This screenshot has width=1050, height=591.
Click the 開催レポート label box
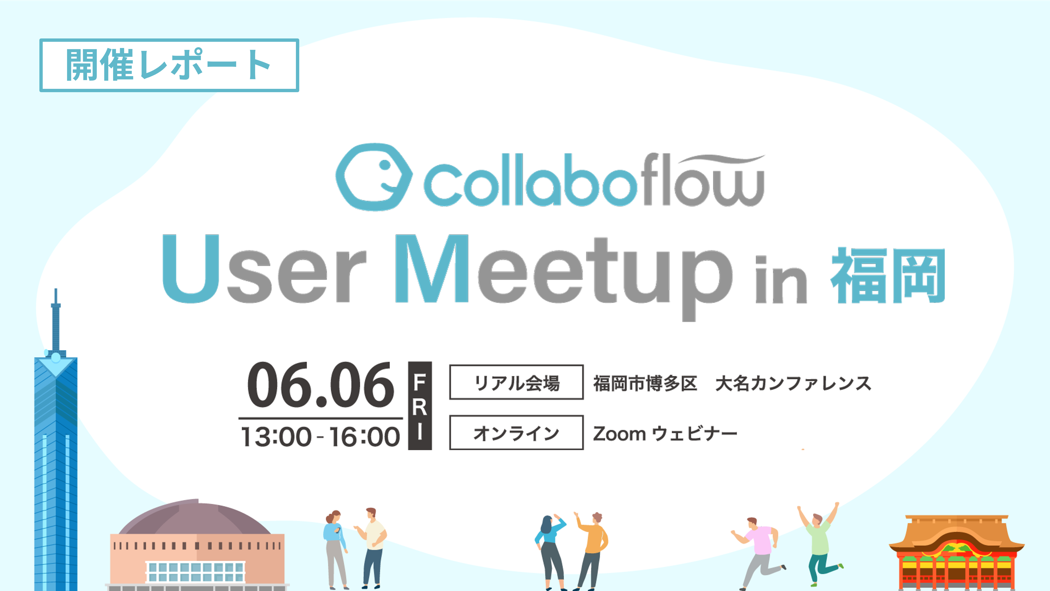169,65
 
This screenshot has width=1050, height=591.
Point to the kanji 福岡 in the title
888,276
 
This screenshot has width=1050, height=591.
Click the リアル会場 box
516,382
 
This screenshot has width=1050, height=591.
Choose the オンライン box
516,432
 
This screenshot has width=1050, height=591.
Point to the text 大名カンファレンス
793,383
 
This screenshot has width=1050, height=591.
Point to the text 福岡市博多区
645,383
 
